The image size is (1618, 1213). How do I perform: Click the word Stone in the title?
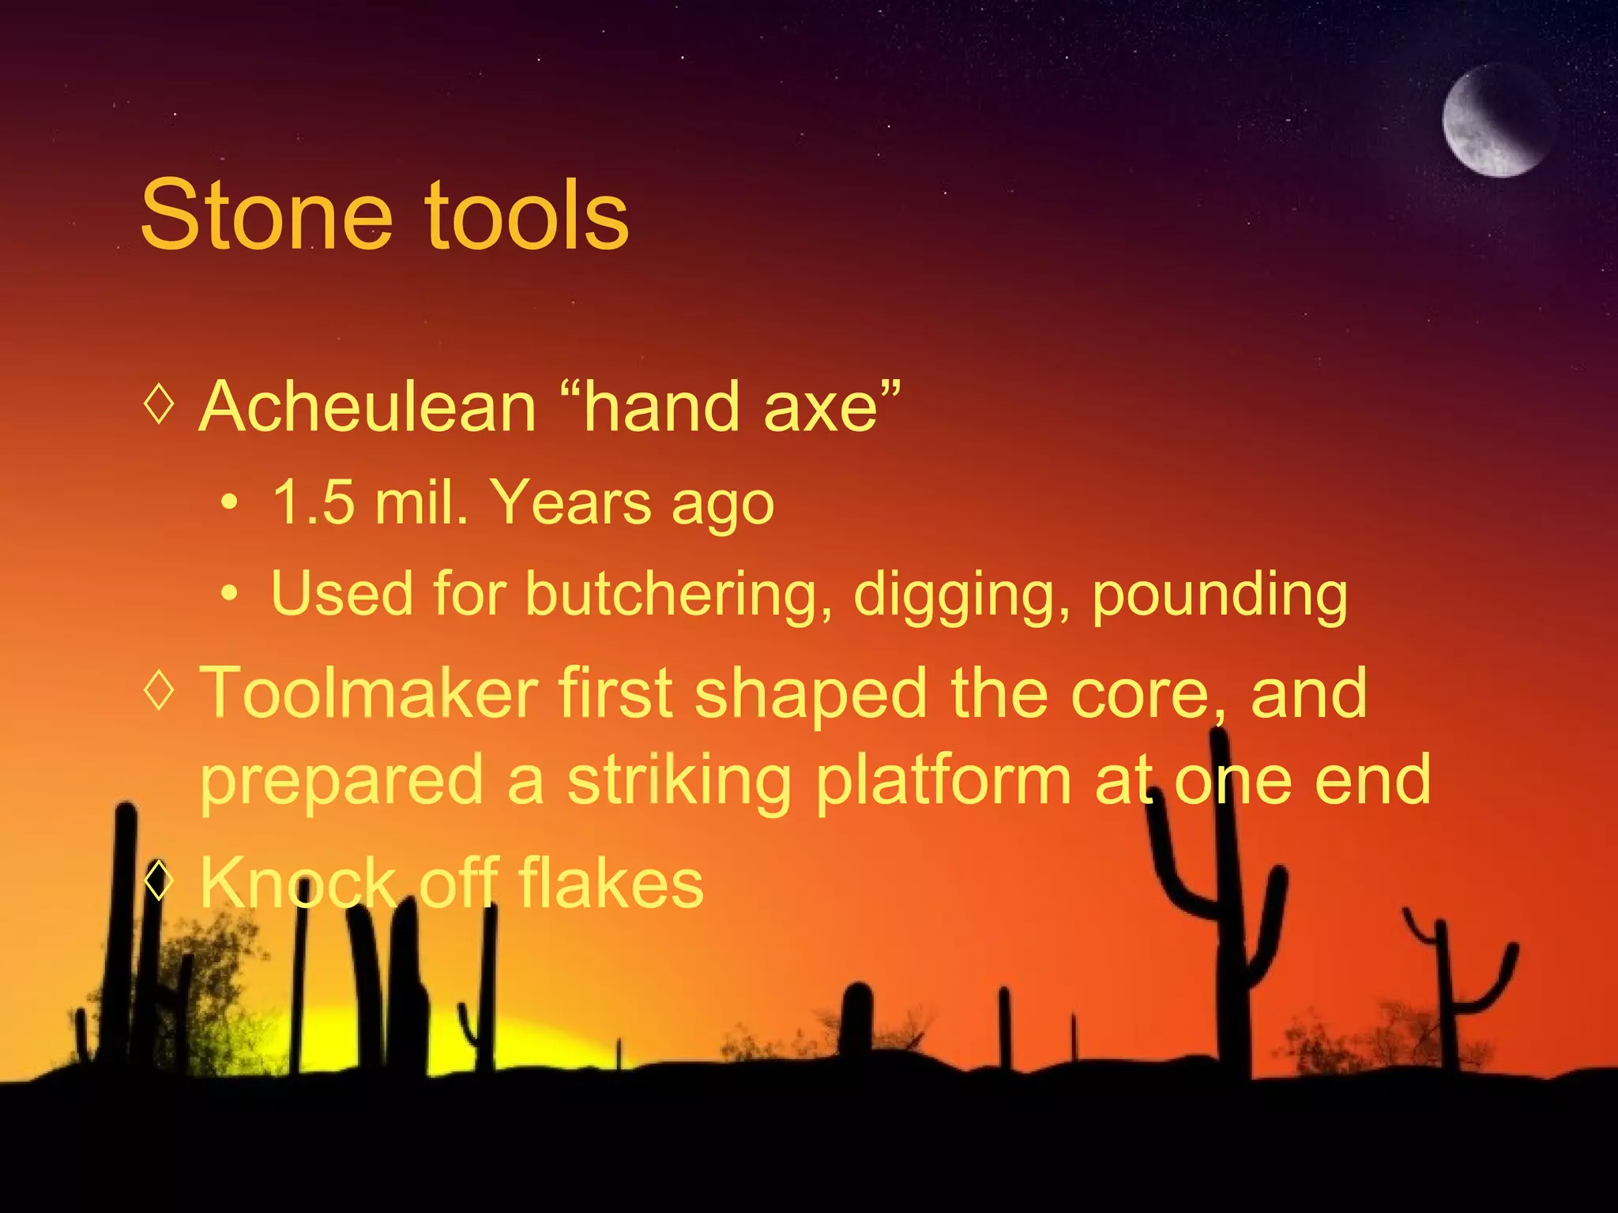(266, 216)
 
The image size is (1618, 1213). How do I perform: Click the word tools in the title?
(527, 216)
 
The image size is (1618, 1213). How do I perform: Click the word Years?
(570, 503)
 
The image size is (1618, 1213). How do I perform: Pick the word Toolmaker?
(368, 693)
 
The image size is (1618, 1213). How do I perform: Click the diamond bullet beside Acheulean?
(160, 404)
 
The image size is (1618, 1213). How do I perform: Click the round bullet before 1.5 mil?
(229, 503)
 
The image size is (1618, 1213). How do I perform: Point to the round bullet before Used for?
(229, 594)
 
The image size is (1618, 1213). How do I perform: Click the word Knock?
(297, 884)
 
